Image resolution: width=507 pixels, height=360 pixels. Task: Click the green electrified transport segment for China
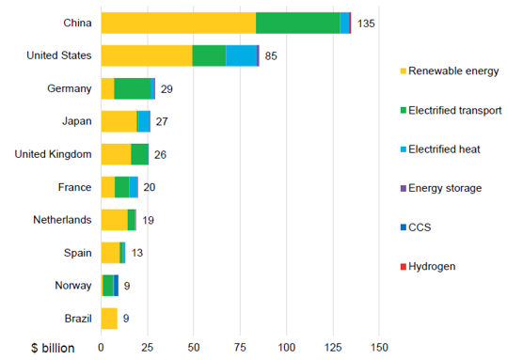coord(298,23)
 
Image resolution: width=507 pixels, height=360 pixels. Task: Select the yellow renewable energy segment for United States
coord(147,55)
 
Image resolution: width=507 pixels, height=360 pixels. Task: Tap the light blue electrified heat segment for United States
coord(241,55)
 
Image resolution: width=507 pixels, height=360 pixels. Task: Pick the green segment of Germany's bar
coord(133,88)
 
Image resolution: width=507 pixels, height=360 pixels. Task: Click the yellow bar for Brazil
coord(109,319)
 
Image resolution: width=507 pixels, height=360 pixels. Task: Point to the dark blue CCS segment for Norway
coord(116,286)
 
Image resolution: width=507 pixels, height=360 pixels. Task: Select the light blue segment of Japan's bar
coord(144,121)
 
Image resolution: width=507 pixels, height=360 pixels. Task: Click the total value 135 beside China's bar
coord(366,23)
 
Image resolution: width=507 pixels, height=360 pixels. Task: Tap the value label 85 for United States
coord(271,56)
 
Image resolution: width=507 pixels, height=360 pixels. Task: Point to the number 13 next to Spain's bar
coord(137,253)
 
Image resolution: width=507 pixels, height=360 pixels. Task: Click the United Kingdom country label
coord(53,154)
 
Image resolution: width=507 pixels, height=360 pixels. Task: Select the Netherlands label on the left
coord(62,220)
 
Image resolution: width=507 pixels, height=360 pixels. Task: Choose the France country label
coord(74,187)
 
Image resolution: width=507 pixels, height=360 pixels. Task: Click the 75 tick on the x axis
coord(240,348)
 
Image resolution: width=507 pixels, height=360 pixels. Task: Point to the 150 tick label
coord(379,348)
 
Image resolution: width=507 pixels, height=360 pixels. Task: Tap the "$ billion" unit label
coord(53,348)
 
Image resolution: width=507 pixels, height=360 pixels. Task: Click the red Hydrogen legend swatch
coord(404,267)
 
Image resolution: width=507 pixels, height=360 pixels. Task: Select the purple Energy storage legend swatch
coord(404,188)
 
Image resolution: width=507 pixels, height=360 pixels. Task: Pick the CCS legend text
coord(420,227)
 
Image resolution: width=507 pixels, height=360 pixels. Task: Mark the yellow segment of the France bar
coord(108,187)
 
